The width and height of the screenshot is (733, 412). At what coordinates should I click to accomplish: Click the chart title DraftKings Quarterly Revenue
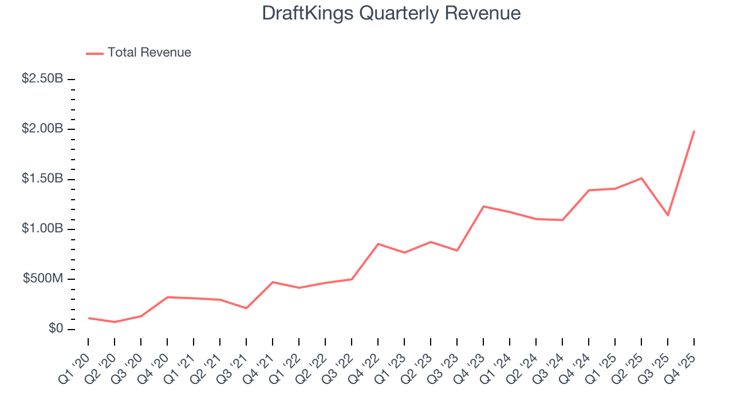coord(391,13)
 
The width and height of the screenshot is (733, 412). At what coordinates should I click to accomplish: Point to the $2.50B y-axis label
coord(42,79)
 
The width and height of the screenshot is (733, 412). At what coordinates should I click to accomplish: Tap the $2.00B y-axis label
coord(42,129)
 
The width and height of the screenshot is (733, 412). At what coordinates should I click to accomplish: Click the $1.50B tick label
coord(42,179)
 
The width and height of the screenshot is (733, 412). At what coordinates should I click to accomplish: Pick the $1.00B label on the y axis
coord(42,229)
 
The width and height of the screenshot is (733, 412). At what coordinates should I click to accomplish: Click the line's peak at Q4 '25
coord(694,131)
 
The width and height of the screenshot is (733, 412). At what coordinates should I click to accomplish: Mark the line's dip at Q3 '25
coord(668,215)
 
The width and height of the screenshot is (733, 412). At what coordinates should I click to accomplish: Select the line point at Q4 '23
coord(483,206)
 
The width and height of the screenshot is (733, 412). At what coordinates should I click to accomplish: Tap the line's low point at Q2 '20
coord(115,322)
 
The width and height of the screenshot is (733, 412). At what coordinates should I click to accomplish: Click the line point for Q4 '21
coord(273,282)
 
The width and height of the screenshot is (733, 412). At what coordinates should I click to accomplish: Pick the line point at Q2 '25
coord(641,178)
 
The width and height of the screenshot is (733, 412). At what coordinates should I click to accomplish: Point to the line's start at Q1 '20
coord(88,318)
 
